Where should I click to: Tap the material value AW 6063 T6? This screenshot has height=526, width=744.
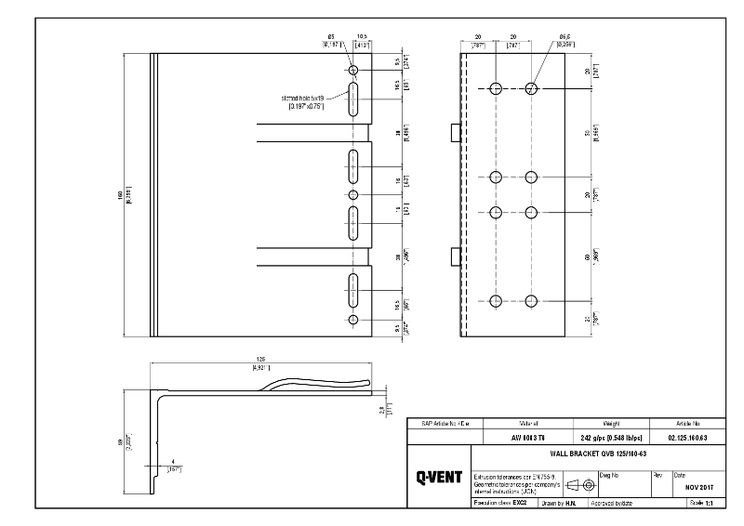[518, 437]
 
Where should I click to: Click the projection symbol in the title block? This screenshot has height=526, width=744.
[581, 484]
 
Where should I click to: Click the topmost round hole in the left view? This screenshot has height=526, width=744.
[353, 71]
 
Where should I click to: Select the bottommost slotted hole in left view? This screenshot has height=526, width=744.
[353, 289]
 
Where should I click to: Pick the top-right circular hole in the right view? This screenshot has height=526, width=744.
[531, 88]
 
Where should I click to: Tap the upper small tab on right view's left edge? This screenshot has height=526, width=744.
[456, 133]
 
